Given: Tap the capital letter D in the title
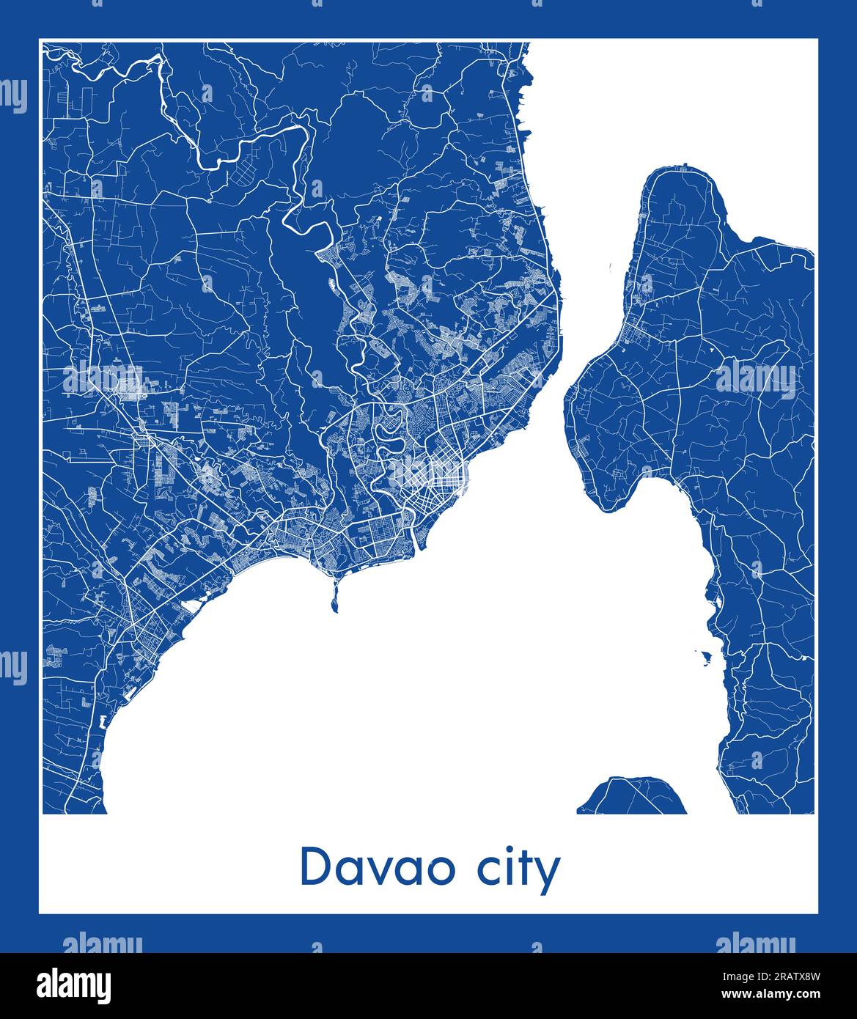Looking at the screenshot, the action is [315, 867].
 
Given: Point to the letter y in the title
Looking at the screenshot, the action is [547, 875].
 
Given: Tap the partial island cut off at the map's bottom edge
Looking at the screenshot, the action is [632, 797].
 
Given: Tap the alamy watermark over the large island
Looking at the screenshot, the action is [755, 379].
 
